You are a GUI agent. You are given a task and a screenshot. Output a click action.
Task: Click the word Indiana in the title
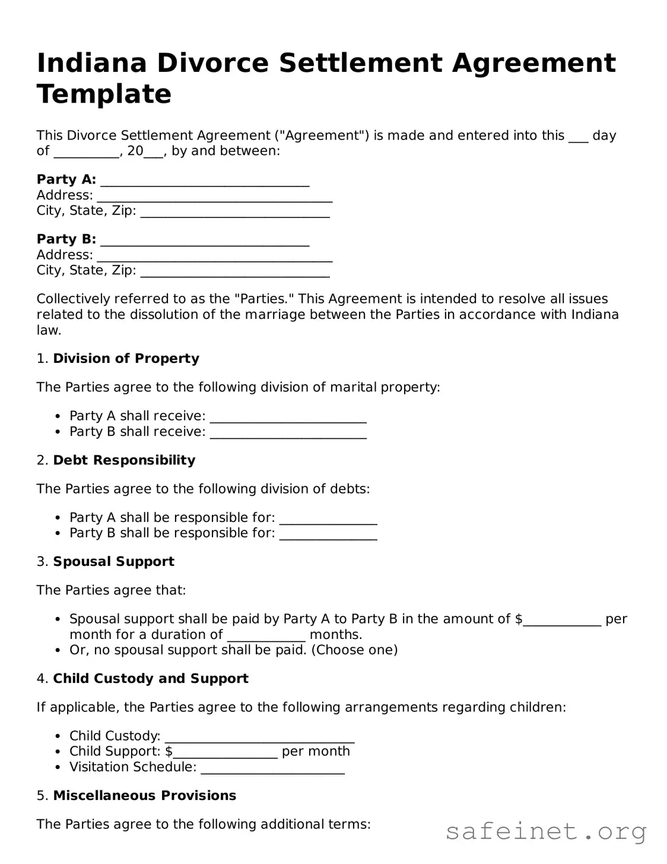tap(91, 63)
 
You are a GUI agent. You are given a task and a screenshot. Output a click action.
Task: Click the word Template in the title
tap(104, 94)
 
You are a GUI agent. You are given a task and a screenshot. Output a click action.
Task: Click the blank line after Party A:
tap(205, 180)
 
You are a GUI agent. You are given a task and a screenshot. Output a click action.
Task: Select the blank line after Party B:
tap(205, 240)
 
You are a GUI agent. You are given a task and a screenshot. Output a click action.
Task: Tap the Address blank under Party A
tap(214, 196)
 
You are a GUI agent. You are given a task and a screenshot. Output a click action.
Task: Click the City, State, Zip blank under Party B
tap(235, 271)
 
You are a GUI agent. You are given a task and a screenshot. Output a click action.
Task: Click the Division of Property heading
tap(126, 359)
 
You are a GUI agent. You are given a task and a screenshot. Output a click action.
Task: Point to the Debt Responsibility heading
tap(124, 460)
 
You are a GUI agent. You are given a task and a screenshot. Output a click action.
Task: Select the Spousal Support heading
tap(113, 562)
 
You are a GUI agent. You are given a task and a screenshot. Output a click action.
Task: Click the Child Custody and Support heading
tap(151, 679)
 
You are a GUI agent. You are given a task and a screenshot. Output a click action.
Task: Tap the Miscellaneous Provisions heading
tap(145, 796)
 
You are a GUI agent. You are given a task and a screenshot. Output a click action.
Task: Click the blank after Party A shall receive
tap(288, 416)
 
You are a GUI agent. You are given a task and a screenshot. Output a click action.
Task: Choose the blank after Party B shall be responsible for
tap(328, 533)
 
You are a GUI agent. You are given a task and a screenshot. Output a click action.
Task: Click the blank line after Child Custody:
tap(259, 736)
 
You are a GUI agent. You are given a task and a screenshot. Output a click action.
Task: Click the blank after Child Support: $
tap(225, 752)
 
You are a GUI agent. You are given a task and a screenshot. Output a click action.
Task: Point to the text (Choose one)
tap(354, 650)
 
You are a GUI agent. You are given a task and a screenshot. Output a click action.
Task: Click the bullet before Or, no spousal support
tap(58, 650)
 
